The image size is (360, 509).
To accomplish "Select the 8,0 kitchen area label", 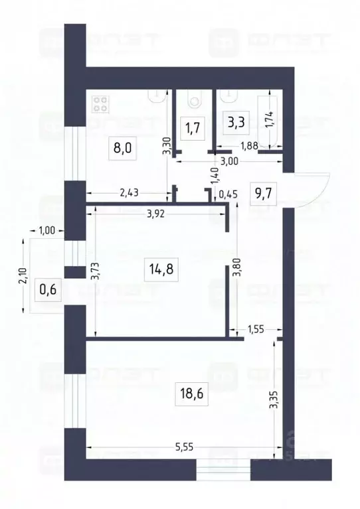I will tap(123, 147).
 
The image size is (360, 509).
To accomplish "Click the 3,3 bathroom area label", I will tap(235, 123).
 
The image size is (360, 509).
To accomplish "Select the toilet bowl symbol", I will tap(195, 100).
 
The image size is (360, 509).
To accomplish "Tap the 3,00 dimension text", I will tap(230, 159).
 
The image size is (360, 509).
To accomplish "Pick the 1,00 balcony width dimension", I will tap(47, 230).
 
